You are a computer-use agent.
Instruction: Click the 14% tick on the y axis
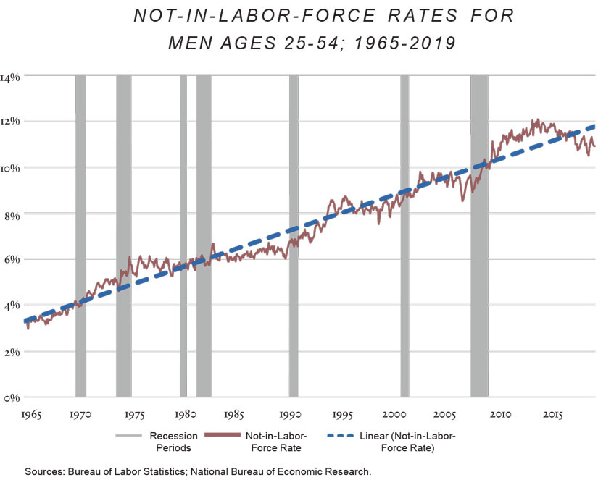coord(12,76)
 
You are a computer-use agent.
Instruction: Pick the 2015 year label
coord(553,415)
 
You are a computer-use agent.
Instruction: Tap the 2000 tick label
coord(394,415)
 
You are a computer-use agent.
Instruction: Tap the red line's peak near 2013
coord(537,120)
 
